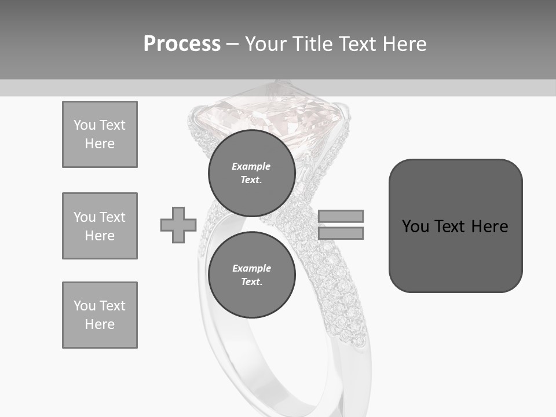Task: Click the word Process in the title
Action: [x=182, y=44]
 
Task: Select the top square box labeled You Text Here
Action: [x=100, y=134]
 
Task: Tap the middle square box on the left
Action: [x=100, y=226]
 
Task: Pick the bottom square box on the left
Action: [x=100, y=315]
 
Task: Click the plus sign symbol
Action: [x=178, y=225]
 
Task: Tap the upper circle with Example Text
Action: [x=251, y=173]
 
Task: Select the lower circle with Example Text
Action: [x=251, y=275]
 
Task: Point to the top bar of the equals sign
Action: [x=341, y=216]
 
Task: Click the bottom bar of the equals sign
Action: [x=341, y=233]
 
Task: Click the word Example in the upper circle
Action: [x=251, y=166]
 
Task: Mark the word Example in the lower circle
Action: [x=251, y=268]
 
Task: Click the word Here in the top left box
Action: [x=100, y=144]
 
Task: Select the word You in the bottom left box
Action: [x=83, y=306]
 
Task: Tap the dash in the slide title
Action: [x=233, y=44]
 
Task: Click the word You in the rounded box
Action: [x=415, y=226]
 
